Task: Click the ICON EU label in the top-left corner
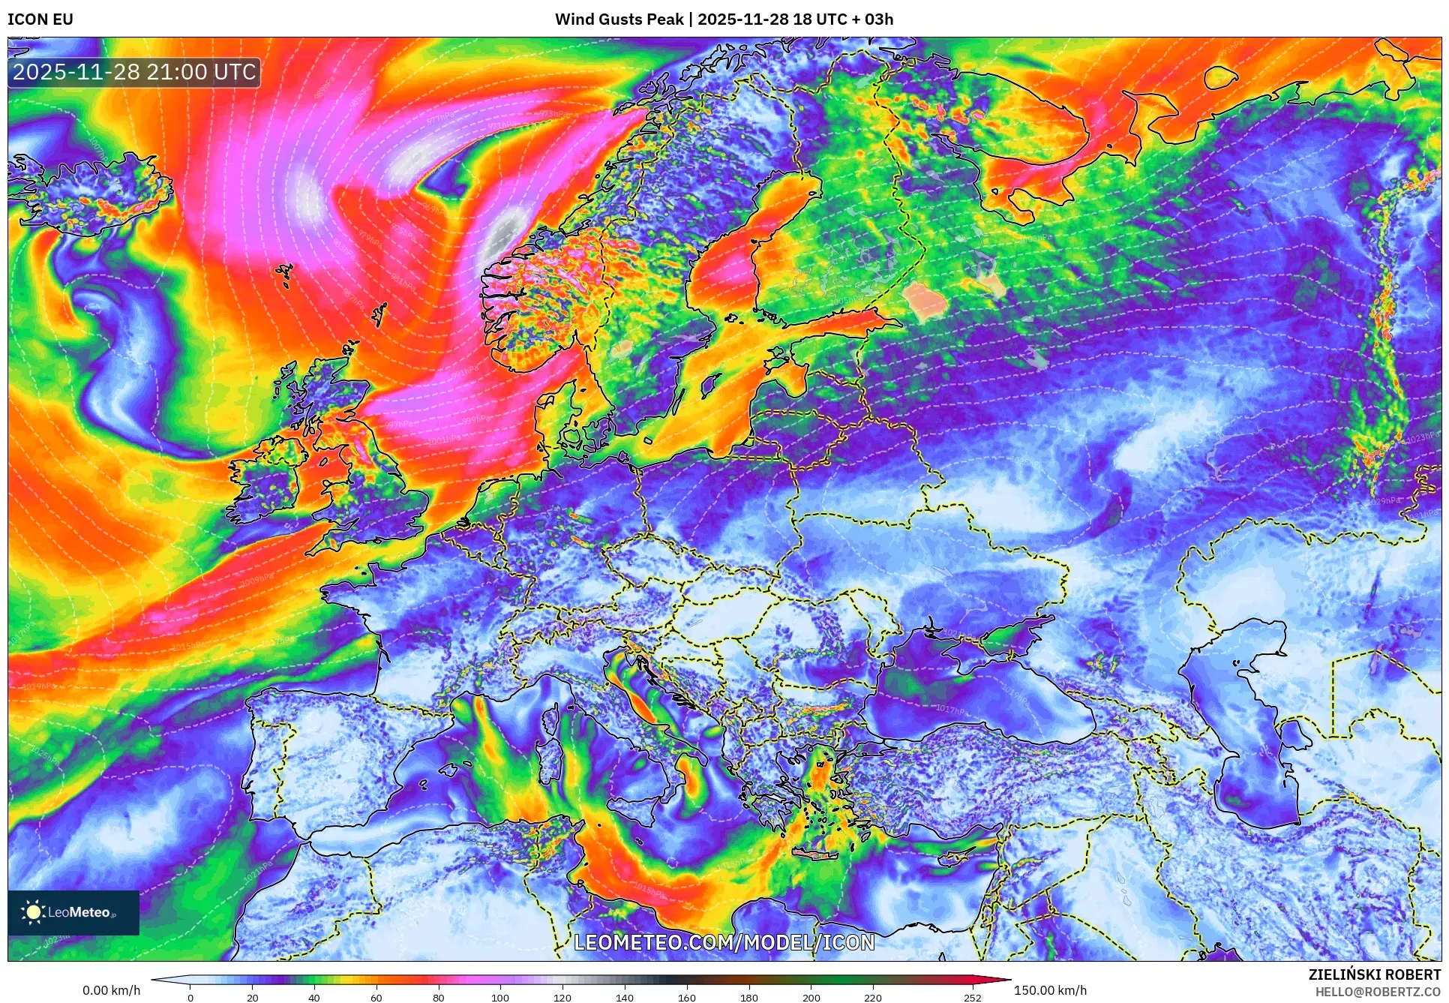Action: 40,20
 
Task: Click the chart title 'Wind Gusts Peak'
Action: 619,20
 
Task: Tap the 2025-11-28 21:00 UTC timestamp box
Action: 134,72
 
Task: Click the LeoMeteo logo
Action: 73,912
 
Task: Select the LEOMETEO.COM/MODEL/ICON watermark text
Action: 724,942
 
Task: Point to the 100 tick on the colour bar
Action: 500,998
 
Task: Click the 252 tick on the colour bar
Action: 972,998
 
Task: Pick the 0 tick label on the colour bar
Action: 190,998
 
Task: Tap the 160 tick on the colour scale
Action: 686,998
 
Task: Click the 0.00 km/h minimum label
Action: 111,990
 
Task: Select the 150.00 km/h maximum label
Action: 1050,990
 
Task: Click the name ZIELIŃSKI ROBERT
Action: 1375,974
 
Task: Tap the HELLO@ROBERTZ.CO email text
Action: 1378,992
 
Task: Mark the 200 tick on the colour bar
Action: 811,998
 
